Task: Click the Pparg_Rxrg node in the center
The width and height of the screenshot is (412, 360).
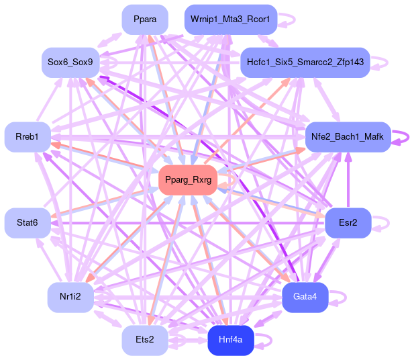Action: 187,180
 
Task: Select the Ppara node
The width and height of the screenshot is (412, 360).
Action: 145,19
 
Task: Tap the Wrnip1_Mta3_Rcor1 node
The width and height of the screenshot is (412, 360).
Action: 230,19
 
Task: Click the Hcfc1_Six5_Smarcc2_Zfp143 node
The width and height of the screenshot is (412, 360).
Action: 305,62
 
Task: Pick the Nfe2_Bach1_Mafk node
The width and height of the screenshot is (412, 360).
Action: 348,137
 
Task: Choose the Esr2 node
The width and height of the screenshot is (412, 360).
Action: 348,222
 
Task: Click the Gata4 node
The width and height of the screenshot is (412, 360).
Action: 305,297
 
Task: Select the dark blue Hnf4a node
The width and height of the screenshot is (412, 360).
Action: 230,340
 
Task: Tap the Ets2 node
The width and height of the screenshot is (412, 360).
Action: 144,340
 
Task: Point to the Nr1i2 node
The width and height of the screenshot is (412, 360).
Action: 70,297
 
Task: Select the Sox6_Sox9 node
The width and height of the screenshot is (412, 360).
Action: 70,62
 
